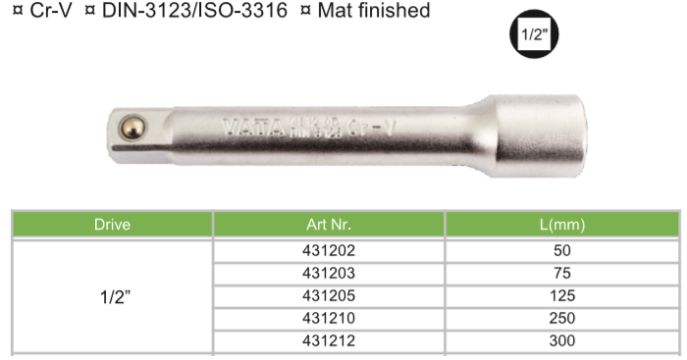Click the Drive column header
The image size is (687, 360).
[x=112, y=225]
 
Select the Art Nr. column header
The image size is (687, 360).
[x=329, y=225]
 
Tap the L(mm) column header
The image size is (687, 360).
[x=562, y=225]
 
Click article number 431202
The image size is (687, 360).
[x=329, y=250]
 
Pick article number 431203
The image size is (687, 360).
[x=329, y=273]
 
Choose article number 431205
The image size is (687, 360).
[x=329, y=295]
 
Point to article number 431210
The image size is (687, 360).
[x=329, y=318]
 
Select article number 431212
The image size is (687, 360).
[x=329, y=340]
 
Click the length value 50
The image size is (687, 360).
[x=562, y=250]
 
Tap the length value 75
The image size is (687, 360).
[x=562, y=273]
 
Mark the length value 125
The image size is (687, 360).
[x=562, y=295]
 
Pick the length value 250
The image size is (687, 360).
[x=562, y=318]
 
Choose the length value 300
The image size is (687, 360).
[x=562, y=340]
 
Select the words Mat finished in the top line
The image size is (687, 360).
[x=374, y=12]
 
